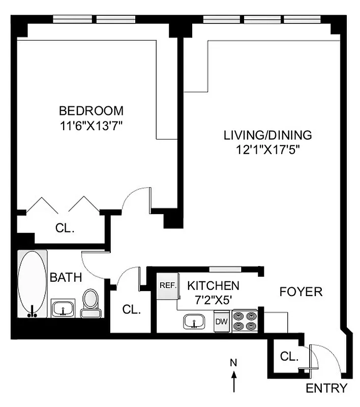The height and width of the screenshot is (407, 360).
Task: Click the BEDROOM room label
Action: (x=91, y=110)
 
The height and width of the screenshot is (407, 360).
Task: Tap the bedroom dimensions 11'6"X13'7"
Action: (x=91, y=125)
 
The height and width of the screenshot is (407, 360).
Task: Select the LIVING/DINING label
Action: (x=267, y=135)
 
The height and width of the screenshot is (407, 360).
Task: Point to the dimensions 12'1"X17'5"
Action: (x=267, y=150)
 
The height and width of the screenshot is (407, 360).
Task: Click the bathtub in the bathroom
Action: (x=33, y=283)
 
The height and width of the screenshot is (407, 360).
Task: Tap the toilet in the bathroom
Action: (x=91, y=304)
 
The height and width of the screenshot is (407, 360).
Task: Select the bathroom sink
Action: (x=64, y=308)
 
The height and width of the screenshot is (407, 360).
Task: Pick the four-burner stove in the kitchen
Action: (x=245, y=321)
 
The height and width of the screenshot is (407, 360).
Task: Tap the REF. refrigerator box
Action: (x=167, y=285)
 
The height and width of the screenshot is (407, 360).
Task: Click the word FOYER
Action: (x=301, y=292)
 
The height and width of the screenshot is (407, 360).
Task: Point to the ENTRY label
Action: (x=326, y=389)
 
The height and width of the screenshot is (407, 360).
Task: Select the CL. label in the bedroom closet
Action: (x=65, y=228)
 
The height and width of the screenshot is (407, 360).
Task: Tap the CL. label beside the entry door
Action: (x=288, y=357)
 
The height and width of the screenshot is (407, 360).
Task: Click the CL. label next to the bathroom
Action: (x=131, y=309)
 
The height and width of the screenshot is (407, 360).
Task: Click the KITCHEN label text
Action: (x=213, y=285)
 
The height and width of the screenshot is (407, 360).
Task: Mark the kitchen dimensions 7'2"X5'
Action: (x=213, y=300)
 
